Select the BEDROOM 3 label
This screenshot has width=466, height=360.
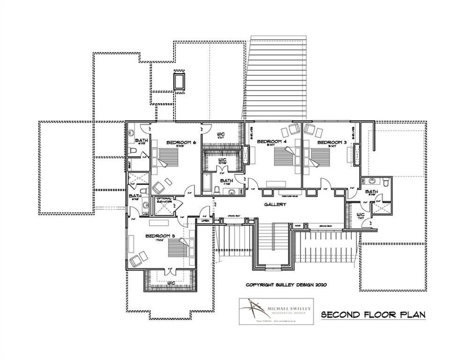[x=332, y=142]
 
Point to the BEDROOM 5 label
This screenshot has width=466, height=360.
[x=160, y=236]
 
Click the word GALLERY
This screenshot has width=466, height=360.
[x=275, y=204]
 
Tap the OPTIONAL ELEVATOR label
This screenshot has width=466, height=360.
[x=165, y=200]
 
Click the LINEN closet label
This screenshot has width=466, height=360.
[x=205, y=220]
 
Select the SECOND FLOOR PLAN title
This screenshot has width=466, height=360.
[x=373, y=315]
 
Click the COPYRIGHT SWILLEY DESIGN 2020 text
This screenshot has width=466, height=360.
[x=286, y=285]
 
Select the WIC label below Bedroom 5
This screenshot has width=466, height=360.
[x=171, y=283]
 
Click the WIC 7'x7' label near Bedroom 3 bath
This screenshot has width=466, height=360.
[x=361, y=216]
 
